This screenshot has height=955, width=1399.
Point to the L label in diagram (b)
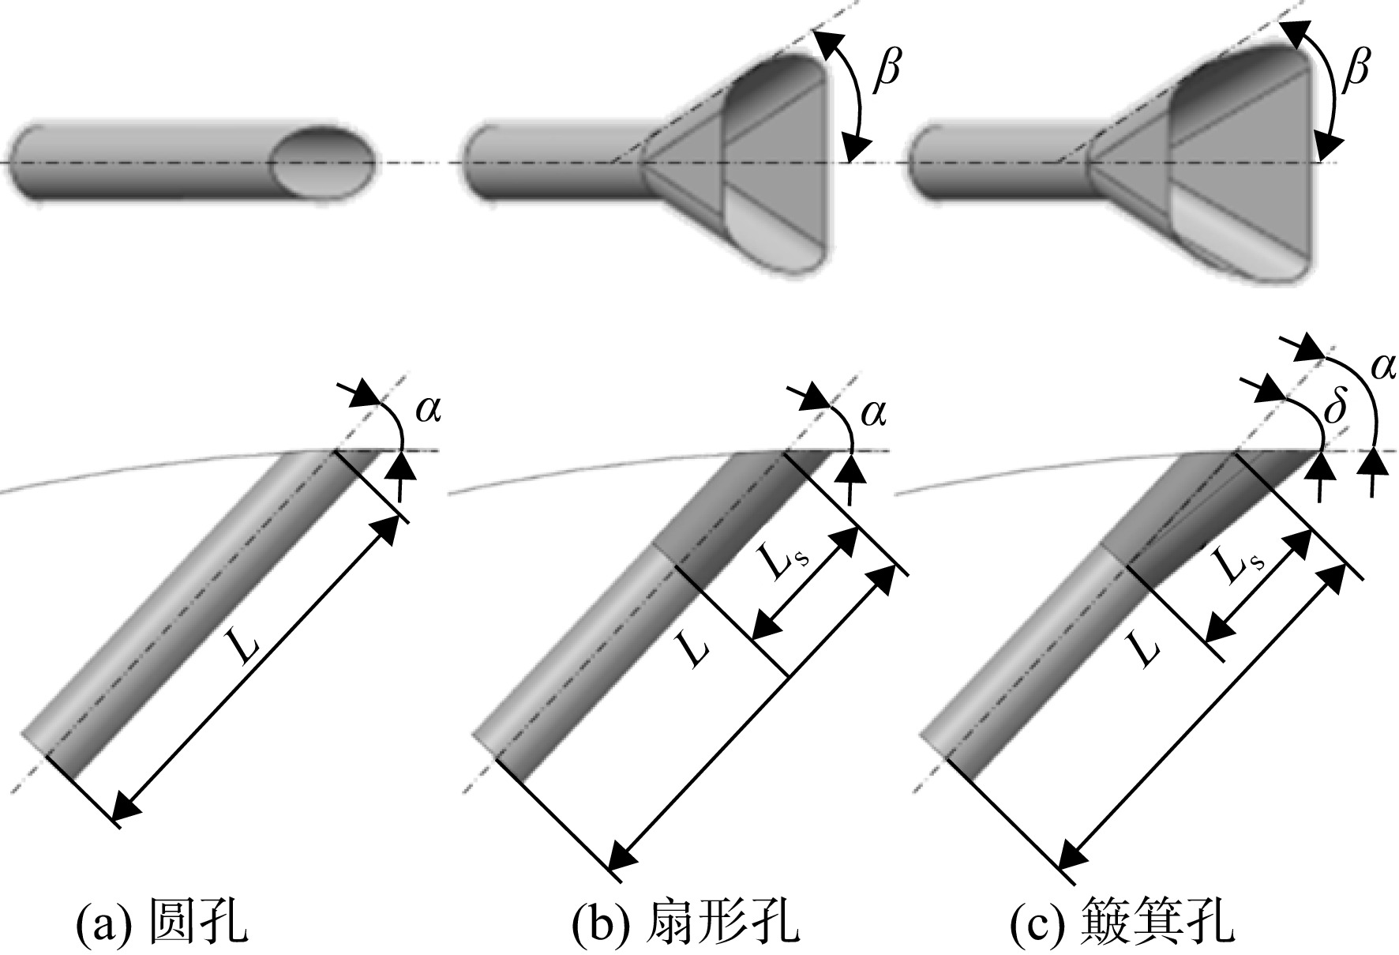pos(693,648)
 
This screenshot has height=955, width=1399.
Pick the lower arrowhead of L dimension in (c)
pos(1071,854)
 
